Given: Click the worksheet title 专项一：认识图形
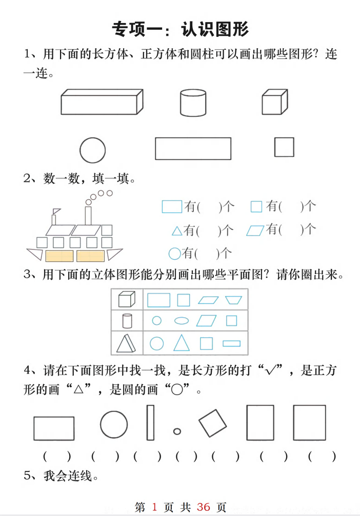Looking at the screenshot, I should pos(180,29).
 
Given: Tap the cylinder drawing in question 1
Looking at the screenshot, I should pos(193,102).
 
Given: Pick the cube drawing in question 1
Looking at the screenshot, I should pos(274,102).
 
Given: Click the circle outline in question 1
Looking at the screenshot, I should pos(93,150).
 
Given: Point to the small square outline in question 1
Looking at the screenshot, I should pos(284,147).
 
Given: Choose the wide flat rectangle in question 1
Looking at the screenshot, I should pos(193,149).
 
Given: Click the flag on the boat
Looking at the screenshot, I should pos(56,211).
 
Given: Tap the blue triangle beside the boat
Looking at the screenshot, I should pos(177,231).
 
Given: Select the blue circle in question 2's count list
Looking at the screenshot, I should pos(174,253).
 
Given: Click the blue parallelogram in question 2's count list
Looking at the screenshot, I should pos(255,230).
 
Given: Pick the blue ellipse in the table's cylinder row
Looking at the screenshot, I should pos(182,321).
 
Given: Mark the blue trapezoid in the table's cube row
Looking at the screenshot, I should pos(234,300).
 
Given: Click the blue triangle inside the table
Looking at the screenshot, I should pos(181,342).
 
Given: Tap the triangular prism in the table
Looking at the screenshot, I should pos(126,343).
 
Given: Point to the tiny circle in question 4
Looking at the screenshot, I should pos(177,431).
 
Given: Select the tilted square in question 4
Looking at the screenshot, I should pos(212,423).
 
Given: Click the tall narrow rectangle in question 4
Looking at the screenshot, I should pos(150,423).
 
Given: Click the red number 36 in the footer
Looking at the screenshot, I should pos(203,507).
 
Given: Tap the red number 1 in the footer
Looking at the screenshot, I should pos(155,507).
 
